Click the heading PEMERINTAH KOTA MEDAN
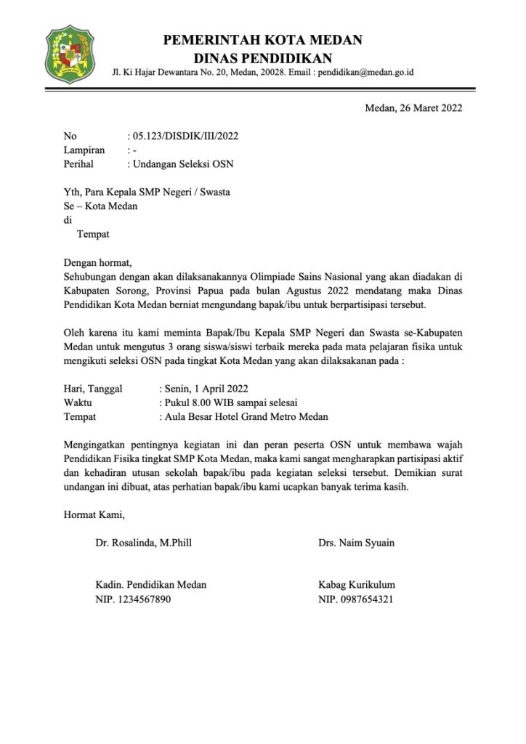coord(263,40)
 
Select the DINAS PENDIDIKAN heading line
coord(263,58)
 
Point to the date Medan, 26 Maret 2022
coord(413,109)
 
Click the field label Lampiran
coord(84,150)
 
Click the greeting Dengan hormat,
coord(100,262)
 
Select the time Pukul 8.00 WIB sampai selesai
coord(229,403)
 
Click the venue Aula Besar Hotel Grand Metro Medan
coord(245,416)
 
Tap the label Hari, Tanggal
coord(93,389)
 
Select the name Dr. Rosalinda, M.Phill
coord(144,543)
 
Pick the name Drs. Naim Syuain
coord(356,543)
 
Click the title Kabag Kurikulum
coord(357,585)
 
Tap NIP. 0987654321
coord(356,599)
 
